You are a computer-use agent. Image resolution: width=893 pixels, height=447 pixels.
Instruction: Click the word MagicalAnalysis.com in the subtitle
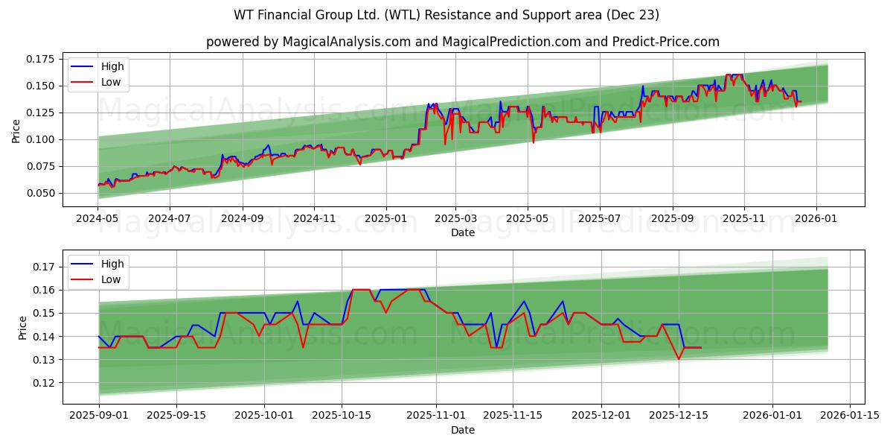pos(346,42)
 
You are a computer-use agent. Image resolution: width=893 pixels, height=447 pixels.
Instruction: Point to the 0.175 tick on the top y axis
pos(40,59)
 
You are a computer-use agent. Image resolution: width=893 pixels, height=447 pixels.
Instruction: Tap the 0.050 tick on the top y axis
pos(40,193)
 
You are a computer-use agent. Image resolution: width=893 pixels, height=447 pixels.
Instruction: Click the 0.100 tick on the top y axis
pos(40,139)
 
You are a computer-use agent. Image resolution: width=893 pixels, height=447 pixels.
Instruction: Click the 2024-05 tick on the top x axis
pos(98,220)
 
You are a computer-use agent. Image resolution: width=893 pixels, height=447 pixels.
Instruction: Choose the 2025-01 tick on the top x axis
pos(385,220)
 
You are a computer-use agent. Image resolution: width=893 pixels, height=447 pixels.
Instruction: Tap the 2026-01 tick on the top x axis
pos(816,220)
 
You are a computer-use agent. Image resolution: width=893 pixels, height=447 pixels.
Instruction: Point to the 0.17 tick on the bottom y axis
pos(43,267)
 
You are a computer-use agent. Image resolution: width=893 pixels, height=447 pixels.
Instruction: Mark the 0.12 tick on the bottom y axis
pos(43,383)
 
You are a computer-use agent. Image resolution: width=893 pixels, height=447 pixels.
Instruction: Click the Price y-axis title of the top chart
pos(16,131)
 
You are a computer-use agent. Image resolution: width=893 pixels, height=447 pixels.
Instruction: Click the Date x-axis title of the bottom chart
pos(462,430)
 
